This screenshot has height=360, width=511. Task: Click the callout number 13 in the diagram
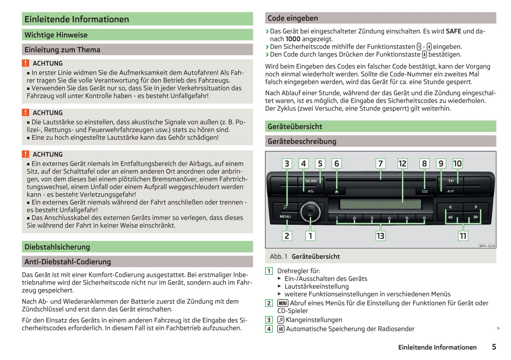(380, 236)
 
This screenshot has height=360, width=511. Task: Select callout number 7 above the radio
(381, 164)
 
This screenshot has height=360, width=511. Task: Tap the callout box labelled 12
(402, 164)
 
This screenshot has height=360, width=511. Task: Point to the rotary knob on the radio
(310, 212)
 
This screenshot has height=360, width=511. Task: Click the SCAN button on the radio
(310, 181)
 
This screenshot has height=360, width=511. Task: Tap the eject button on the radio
(337, 191)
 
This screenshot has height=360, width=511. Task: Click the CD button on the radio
(425, 191)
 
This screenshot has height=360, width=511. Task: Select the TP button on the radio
(451, 181)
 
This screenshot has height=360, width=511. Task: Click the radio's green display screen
(380, 204)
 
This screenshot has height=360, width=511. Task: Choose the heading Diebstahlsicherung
(57, 247)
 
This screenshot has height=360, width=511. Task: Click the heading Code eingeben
(293, 18)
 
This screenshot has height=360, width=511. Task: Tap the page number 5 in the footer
(494, 347)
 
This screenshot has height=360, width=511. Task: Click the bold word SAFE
(453, 31)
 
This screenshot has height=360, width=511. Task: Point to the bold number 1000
(293, 39)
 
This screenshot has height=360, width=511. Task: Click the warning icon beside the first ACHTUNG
(25, 63)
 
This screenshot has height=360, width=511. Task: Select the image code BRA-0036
(487, 246)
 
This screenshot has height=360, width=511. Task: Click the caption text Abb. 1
(278, 256)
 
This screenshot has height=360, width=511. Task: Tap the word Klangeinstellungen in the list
(314, 320)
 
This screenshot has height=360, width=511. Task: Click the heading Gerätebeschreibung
(302, 141)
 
